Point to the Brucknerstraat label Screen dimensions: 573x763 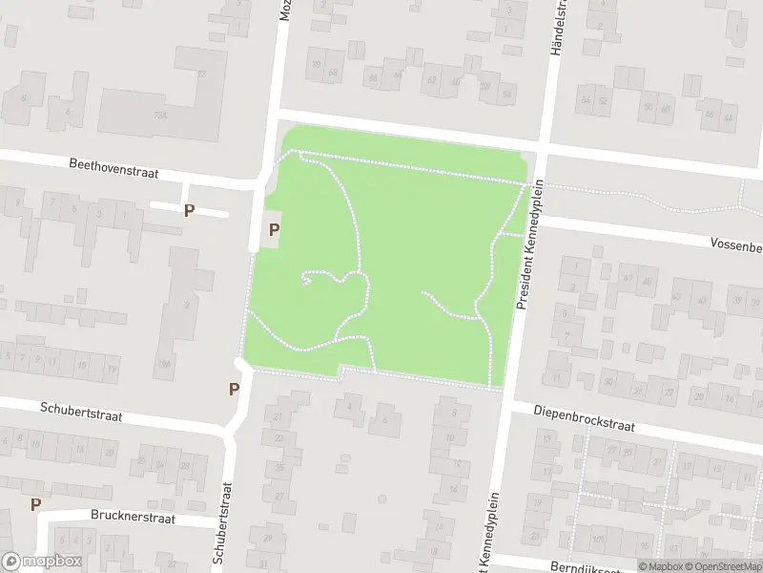pos(134,518)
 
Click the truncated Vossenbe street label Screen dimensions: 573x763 pos(735,245)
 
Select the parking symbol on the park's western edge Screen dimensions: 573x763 pos(275,229)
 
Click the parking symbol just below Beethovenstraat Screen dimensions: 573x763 pos(190,210)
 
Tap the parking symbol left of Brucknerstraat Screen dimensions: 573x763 pos(35,504)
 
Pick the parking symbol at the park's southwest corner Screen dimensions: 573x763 pos(233,389)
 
